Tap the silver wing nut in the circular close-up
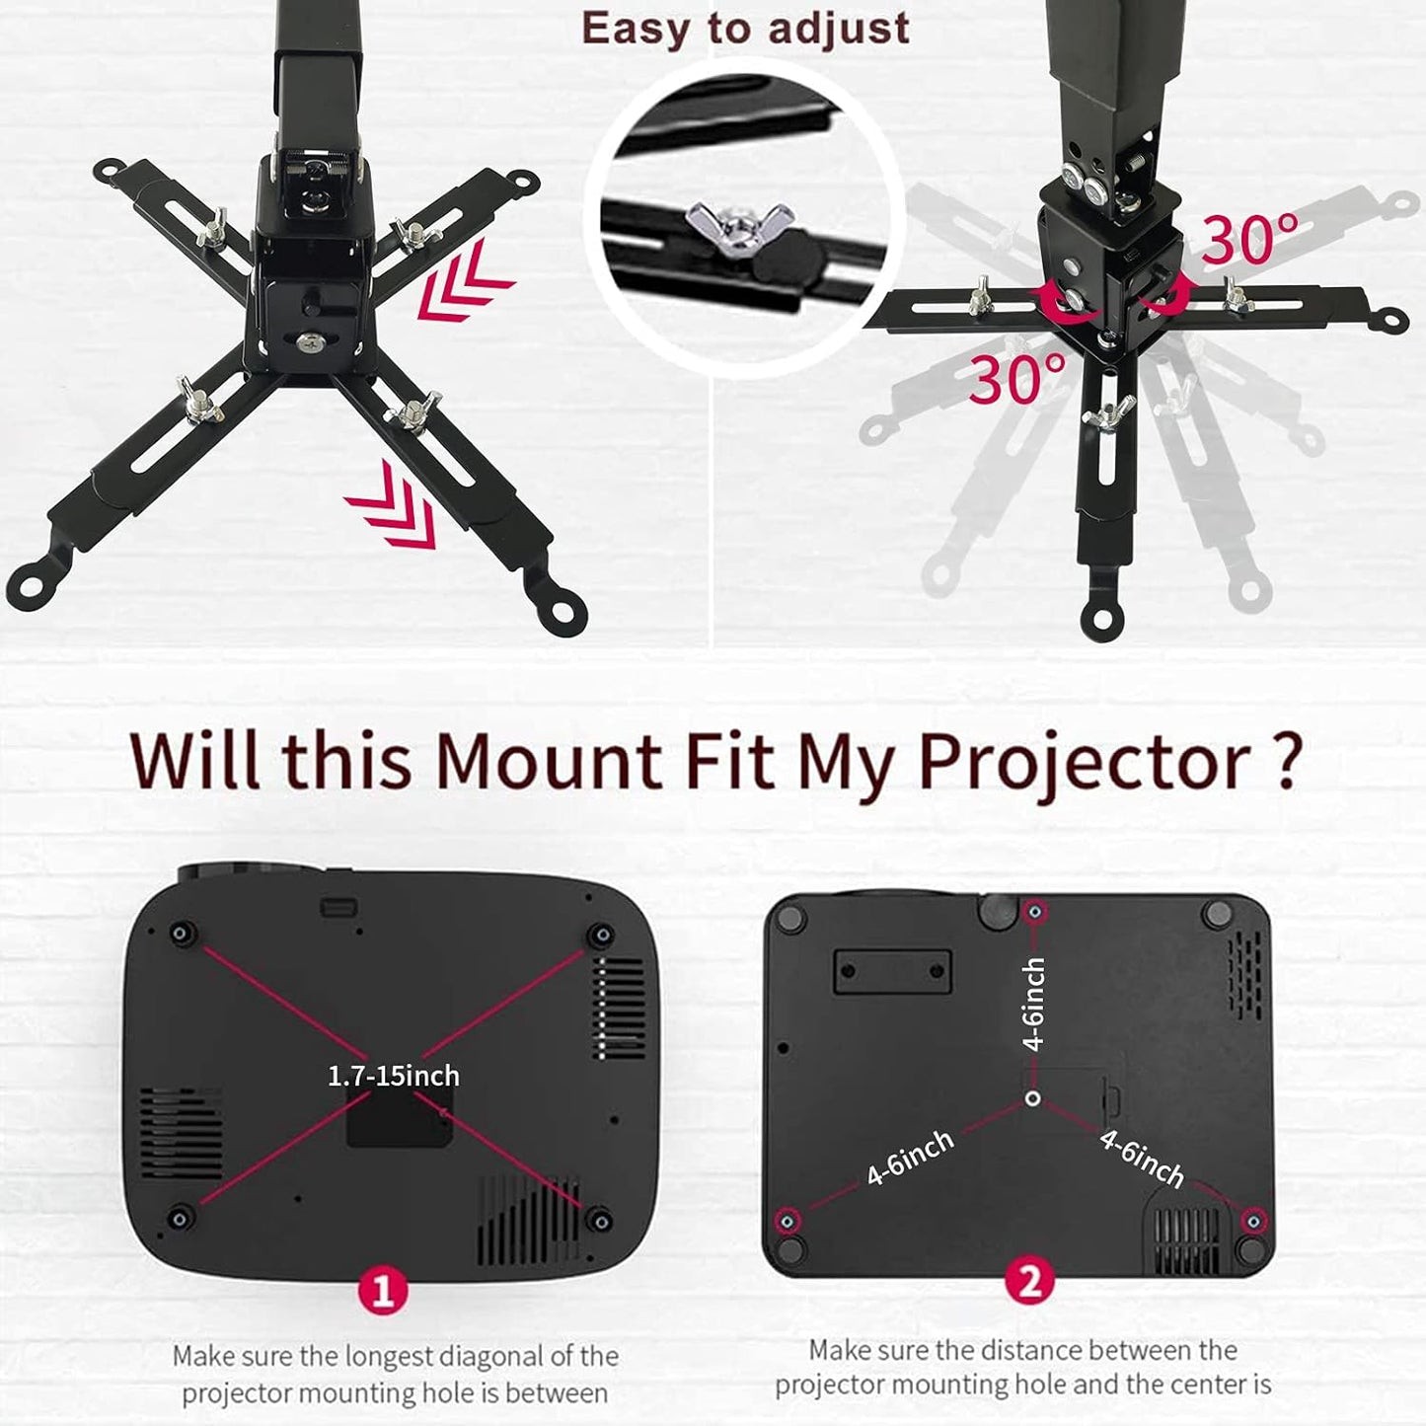pyautogui.click(x=740, y=221)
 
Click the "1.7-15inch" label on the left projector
pyautogui.click(x=393, y=1075)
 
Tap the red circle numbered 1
pyautogui.click(x=384, y=1290)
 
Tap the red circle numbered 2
pyautogui.click(x=1029, y=1282)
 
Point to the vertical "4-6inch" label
pyautogui.click(x=1033, y=1004)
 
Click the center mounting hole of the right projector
pyautogui.click(x=1033, y=1098)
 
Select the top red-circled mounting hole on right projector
pyautogui.click(x=1034, y=913)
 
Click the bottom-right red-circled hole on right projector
pyautogui.click(x=1252, y=1222)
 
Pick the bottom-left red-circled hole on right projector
pyautogui.click(x=787, y=1222)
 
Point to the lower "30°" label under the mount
pyautogui.click(x=1016, y=378)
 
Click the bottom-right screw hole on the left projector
pyautogui.click(x=598, y=1220)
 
